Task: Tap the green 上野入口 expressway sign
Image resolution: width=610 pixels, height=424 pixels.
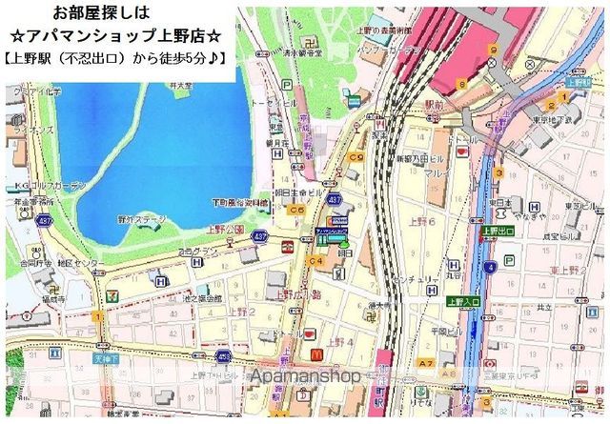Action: point(465,302)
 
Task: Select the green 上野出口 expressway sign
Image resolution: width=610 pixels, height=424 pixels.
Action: point(498,230)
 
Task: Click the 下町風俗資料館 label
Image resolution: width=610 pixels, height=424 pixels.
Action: point(242,203)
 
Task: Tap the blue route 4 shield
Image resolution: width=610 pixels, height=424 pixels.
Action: point(490,268)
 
